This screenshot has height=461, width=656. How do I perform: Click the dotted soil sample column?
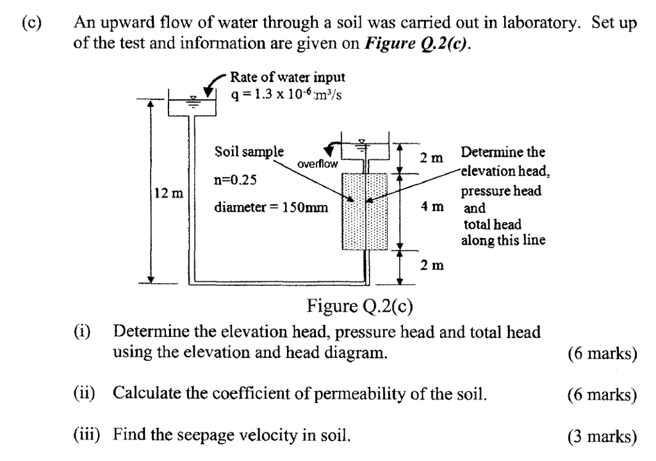point(365,211)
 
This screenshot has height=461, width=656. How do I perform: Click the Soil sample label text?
point(249,152)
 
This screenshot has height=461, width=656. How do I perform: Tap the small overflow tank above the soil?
point(365,150)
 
